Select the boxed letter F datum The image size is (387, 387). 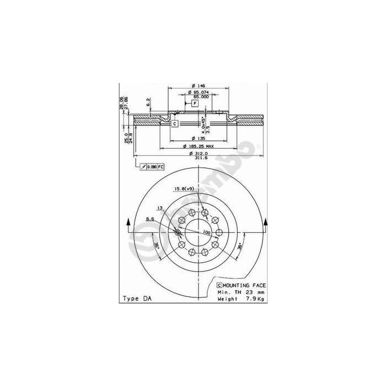pyautogui.click(x=195, y=103)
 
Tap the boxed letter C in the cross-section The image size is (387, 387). pyautogui.click(x=174, y=123)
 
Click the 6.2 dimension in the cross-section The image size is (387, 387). pyautogui.click(x=148, y=102)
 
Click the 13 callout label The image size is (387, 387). pyautogui.click(x=159, y=208)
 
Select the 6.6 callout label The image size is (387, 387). pyautogui.click(x=149, y=219)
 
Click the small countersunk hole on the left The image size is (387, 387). pyautogui.click(x=178, y=232)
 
